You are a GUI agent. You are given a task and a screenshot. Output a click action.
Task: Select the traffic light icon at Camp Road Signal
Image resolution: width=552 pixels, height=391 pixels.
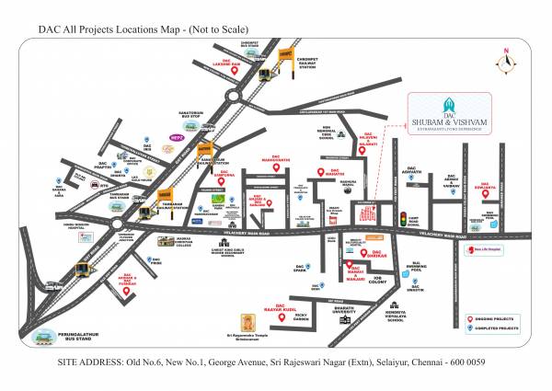[401, 218]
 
